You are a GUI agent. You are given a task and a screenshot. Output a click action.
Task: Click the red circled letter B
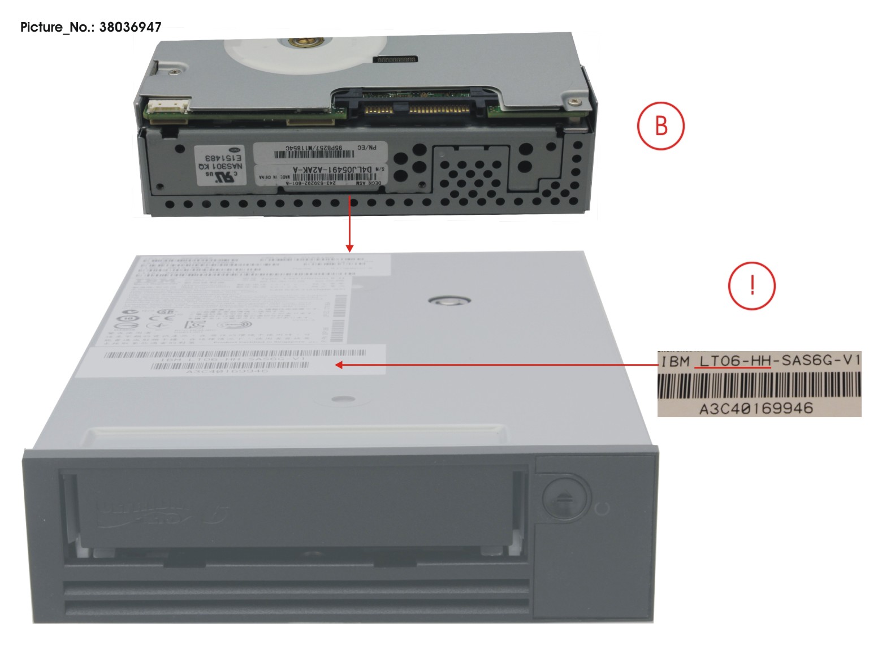tap(660, 125)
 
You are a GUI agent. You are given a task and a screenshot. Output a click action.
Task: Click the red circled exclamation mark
tap(751, 285)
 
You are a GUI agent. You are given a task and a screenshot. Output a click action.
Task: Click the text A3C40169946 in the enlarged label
tap(756, 408)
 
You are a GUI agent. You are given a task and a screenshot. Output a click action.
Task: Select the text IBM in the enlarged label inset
tap(675, 361)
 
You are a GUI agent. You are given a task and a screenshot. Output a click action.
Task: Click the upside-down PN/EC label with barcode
tap(320, 151)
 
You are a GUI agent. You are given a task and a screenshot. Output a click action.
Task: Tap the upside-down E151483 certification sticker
tap(221, 165)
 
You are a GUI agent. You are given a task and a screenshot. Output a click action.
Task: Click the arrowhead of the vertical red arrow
tap(349, 248)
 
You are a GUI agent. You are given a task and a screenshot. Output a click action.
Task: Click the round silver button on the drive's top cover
tap(449, 300)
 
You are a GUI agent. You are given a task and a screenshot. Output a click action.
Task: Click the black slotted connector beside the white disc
tap(396, 59)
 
